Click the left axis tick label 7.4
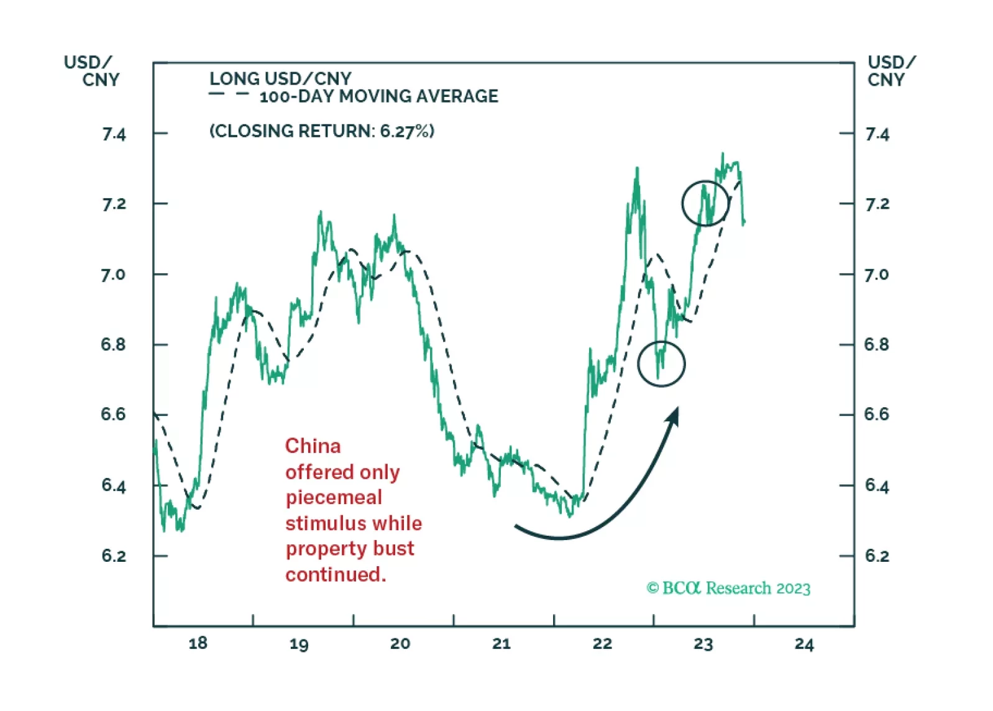point(114,134)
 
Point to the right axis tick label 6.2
point(877,556)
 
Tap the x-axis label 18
point(198,643)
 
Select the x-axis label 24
point(803,644)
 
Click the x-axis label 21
point(501,644)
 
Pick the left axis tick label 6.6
point(113,415)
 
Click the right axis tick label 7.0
point(876,275)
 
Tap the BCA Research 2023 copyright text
point(728,588)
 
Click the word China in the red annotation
point(313,446)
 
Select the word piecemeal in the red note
point(334,497)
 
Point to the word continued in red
point(336,574)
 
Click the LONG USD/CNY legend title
point(280,79)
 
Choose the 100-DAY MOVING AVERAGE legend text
point(378,96)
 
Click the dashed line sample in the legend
point(229,95)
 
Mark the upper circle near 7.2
point(705,203)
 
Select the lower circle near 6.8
point(661,364)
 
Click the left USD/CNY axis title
point(92,71)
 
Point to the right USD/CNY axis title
point(890,71)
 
